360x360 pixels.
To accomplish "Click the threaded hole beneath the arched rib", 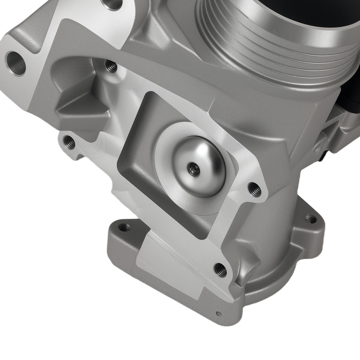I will pyautogui.click(x=111, y=66).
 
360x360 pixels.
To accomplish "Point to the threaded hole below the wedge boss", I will pyautogui.click(x=69, y=143).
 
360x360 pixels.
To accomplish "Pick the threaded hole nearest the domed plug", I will pyautogui.click(x=255, y=189).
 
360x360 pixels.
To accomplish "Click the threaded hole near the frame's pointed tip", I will pyautogui.click(x=220, y=269).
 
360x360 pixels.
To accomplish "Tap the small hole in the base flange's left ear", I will pyautogui.click(x=124, y=227).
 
